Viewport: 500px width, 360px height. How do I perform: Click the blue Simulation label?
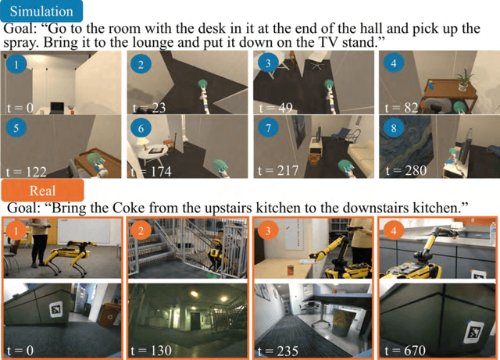[41, 11]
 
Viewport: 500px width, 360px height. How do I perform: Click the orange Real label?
[42, 190]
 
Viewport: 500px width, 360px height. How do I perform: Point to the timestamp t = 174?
[152, 169]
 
